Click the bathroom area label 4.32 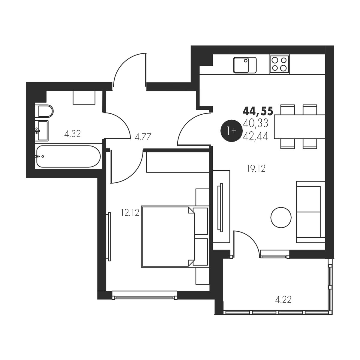72,134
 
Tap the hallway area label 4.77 143,137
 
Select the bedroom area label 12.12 130,213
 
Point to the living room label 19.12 256,169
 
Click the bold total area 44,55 258,111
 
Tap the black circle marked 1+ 232,131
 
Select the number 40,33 256,124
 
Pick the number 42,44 256,136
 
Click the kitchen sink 245,65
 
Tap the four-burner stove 279,64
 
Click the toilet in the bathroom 44,111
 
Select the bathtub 68,156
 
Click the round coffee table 281,217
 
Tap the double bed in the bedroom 175,236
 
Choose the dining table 300,127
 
